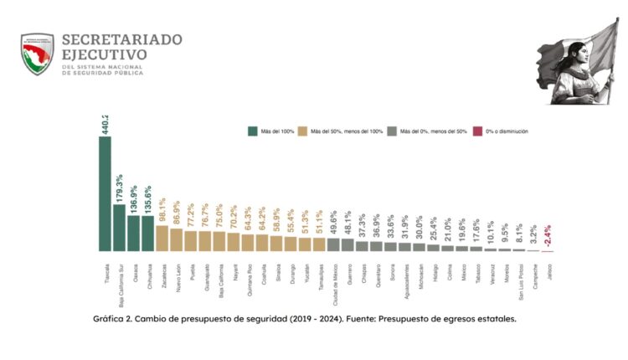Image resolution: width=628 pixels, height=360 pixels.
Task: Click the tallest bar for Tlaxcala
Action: [x=105, y=193]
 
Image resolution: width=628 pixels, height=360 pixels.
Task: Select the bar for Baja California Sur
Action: [x=119, y=228]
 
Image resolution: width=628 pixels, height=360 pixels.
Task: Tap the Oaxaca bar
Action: [x=133, y=234]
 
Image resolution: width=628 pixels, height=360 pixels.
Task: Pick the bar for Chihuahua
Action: [x=147, y=234]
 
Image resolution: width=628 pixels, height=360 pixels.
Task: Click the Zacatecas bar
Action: [x=162, y=239]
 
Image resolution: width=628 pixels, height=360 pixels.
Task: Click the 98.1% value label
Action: [x=162, y=210]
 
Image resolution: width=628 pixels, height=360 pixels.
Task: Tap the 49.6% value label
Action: [x=333, y=223]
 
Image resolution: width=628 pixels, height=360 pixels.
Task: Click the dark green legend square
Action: [x=251, y=131]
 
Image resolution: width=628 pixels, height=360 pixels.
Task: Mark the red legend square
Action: [x=477, y=131]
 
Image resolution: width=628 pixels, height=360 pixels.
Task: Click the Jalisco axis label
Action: [x=548, y=269]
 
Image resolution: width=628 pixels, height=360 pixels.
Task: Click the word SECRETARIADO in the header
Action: [x=122, y=39]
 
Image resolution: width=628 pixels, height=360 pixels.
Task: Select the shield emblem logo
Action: [x=37, y=54]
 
